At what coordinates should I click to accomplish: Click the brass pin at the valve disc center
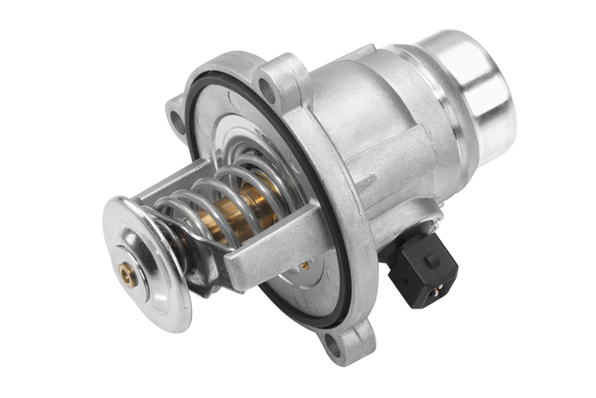coord(127,269)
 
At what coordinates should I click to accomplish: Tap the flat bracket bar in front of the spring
coord(268,249)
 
